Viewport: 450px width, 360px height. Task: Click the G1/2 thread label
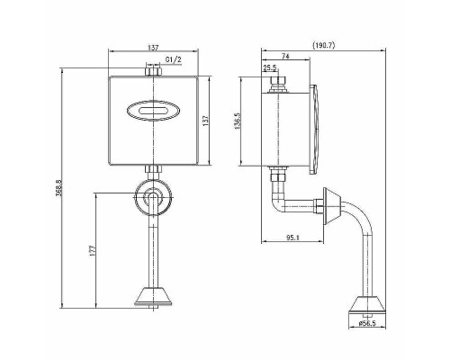pos(174,59)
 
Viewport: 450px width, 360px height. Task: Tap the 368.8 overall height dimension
pos(58,188)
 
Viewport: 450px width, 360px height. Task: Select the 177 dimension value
pos(93,250)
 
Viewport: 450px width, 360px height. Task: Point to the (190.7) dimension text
pos(323,45)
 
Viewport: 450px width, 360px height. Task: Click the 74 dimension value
pos(285,56)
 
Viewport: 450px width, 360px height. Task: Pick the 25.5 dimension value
pos(270,68)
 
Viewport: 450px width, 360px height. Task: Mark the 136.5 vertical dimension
pos(238,121)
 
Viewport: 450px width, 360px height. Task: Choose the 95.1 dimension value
pos(292,238)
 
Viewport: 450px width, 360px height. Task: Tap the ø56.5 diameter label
pos(367,324)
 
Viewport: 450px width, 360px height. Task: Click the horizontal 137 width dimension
pos(153,48)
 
